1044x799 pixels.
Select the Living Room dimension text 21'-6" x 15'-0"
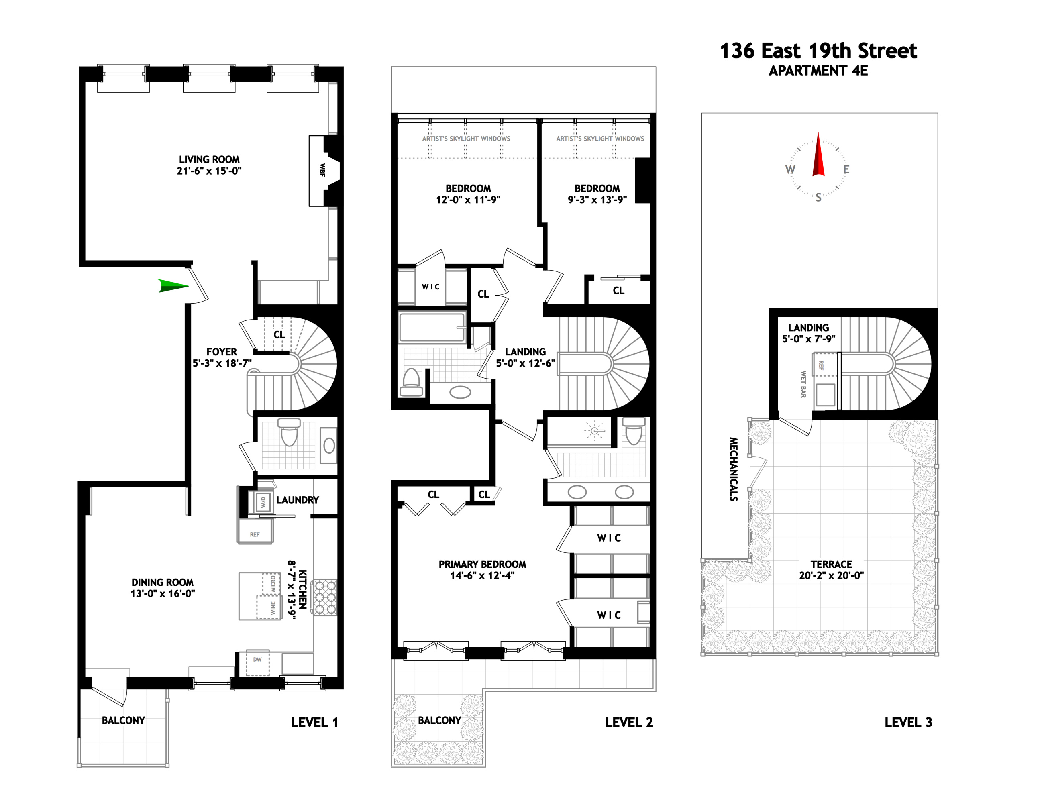coord(209,171)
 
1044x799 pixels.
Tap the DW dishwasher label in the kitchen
coord(257,660)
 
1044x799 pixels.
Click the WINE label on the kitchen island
coord(273,608)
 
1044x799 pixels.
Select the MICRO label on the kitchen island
coord(273,583)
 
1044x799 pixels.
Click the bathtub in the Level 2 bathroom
coord(431,327)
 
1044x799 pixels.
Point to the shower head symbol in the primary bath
coord(595,431)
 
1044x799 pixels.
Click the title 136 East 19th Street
coord(818,51)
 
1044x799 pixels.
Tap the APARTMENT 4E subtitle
coord(818,71)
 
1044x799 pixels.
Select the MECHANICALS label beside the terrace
coord(734,469)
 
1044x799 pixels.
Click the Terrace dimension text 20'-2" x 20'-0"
coord(831,575)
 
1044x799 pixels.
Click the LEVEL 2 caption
coord(629,722)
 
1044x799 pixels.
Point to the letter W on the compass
coord(790,169)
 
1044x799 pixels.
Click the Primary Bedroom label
coord(482,564)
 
